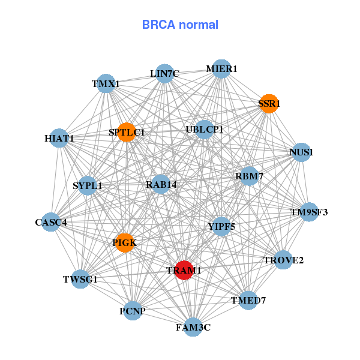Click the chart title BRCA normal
180,25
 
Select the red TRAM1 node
184,270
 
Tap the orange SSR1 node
269,103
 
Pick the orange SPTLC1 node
127,132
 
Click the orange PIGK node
124,243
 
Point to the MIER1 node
221,68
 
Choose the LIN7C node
164,74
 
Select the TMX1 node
106,84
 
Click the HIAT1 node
59,138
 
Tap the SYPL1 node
88,185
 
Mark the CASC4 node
50,222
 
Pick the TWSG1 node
80,279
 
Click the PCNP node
133,311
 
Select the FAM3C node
193,327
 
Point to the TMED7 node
248,299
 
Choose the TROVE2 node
283,260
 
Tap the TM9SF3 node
309,212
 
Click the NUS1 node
301,152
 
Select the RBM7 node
250,176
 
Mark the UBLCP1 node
205,129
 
